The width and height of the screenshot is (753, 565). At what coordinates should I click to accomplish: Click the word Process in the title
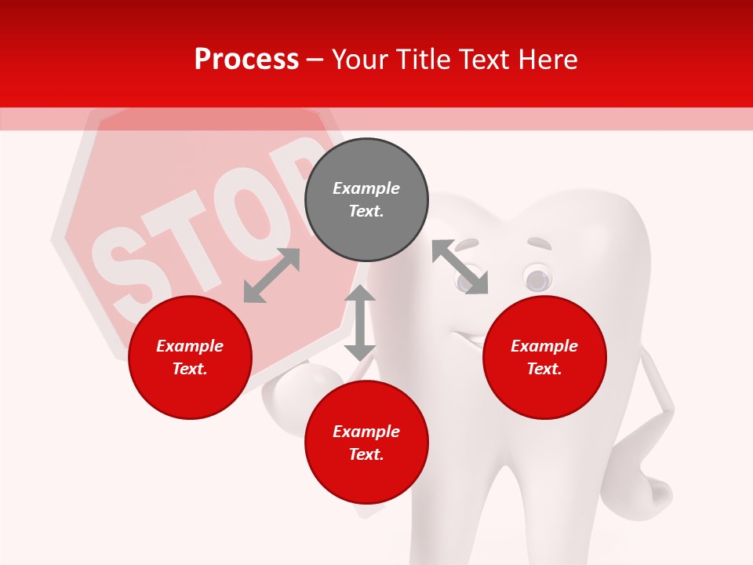246,60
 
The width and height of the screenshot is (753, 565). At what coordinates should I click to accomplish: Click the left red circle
190,357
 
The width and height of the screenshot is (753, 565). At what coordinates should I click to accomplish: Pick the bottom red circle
366,443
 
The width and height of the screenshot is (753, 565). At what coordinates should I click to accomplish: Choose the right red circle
544,357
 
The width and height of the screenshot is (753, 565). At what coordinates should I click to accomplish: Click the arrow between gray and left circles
271,275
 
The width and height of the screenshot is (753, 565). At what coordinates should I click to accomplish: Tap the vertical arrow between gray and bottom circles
360,323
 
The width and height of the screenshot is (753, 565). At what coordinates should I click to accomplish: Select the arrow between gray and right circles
460,267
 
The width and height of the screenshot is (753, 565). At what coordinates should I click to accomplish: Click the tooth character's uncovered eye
537,279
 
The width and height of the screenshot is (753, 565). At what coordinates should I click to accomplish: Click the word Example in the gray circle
366,188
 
